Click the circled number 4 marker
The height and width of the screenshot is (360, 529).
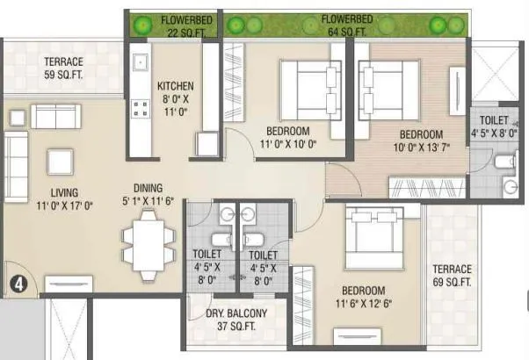[18, 284]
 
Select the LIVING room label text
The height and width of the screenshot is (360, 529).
[64, 198]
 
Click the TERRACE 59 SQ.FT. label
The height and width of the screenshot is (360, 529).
[64, 68]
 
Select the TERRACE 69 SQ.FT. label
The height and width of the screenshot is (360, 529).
[453, 276]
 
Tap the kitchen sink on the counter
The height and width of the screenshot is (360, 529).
[138, 63]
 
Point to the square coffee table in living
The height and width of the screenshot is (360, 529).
[60, 162]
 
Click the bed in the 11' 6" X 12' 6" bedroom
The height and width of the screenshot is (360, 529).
[373, 238]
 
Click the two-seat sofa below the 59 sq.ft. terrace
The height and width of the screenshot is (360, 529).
[55, 117]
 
